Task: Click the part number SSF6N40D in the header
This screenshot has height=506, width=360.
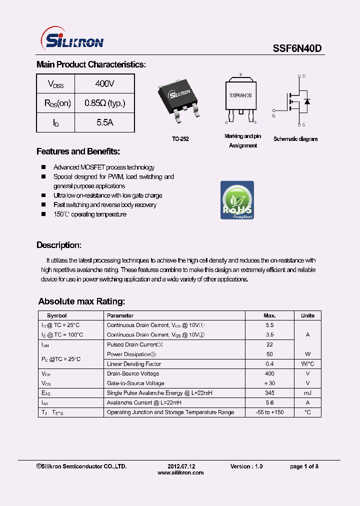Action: (297, 48)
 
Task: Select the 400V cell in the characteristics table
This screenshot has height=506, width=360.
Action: (104, 83)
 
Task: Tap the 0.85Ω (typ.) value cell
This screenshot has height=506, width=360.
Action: (104, 103)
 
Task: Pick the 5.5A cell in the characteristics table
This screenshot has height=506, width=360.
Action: (104, 122)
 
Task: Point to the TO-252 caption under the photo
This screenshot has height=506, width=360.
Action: (180, 139)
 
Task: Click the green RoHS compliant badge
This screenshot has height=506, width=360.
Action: (237, 200)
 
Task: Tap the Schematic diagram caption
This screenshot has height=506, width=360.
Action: (295, 139)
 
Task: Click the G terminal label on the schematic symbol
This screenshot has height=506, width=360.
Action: (273, 115)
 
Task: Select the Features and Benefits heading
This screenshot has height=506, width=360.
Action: (78, 151)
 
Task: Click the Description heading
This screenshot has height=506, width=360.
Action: (58, 245)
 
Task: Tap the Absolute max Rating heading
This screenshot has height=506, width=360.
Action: (81, 301)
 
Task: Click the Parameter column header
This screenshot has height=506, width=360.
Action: (120, 315)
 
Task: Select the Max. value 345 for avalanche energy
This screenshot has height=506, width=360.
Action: (269, 393)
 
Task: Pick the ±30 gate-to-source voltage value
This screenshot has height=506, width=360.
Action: (269, 383)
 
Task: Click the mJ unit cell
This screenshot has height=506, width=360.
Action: (307, 393)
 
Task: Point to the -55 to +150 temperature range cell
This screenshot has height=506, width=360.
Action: (269, 412)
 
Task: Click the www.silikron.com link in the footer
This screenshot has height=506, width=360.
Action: (180, 472)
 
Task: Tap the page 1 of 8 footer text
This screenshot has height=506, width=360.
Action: (304, 466)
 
